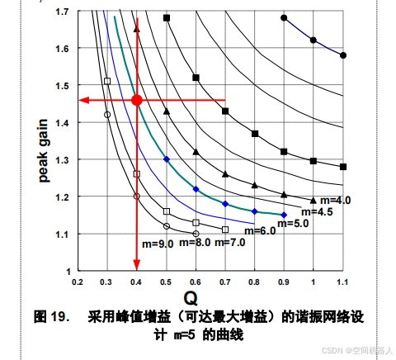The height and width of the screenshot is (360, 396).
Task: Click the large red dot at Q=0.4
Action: [137, 100]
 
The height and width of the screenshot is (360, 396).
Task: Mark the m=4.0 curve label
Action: [335, 200]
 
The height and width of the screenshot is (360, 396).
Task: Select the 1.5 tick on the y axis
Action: [63, 86]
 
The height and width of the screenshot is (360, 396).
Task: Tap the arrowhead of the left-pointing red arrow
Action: [83, 101]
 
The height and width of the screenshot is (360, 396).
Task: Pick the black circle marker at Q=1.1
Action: [343, 55]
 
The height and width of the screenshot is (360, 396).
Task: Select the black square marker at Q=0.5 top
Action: [167, 17]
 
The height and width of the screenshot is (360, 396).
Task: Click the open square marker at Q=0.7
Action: [225, 230]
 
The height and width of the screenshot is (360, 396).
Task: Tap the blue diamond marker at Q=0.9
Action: [284, 215]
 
